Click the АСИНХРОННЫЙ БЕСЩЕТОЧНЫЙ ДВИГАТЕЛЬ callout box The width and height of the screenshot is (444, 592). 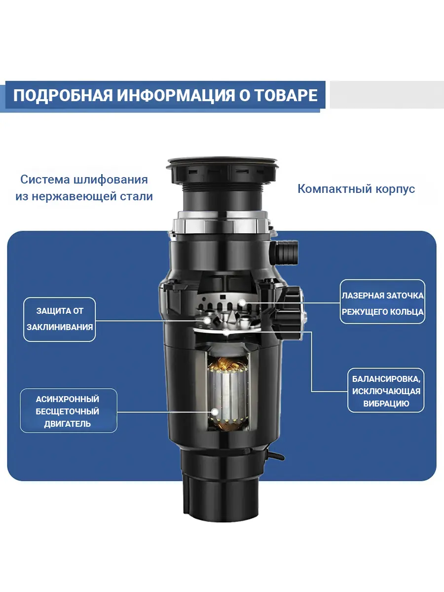(x=68, y=411)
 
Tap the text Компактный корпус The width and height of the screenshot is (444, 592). (x=356, y=189)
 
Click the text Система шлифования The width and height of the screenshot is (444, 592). (x=84, y=179)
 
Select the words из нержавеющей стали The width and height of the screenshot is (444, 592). (x=84, y=196)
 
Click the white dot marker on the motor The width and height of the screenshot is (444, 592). (x=215, y=410)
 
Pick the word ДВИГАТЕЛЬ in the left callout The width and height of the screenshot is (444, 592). (x=68, y=424)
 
